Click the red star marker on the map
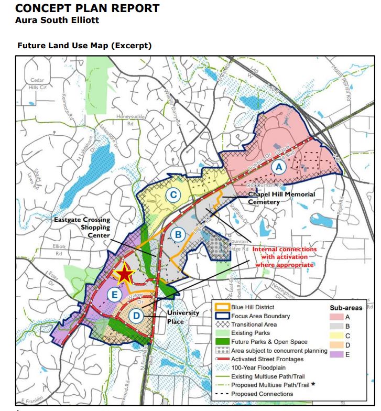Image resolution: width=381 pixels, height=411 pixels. (x=124, y=274)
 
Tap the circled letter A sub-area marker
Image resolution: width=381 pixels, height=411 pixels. (x=279, y=167)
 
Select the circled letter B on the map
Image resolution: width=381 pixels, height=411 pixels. (x=178, y=235)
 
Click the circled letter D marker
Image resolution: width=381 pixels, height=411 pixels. (x=136, y=316)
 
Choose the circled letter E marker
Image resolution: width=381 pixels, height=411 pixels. (x=112, y=295)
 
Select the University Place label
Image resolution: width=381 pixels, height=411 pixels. (x=183, y=316)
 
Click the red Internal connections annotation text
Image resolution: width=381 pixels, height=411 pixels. (x=285, y=257)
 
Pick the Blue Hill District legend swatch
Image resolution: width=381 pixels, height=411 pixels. (x=222, y=307)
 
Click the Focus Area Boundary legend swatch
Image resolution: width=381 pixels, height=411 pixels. (x=222, y=316)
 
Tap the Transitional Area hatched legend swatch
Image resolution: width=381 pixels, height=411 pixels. (x=222, y=325)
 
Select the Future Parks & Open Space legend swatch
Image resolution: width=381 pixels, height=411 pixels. (x=222, y=342)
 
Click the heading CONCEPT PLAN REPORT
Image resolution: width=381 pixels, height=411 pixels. (x=88, y=9)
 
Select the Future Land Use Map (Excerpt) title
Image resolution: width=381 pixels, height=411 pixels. (x=84, y=46)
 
